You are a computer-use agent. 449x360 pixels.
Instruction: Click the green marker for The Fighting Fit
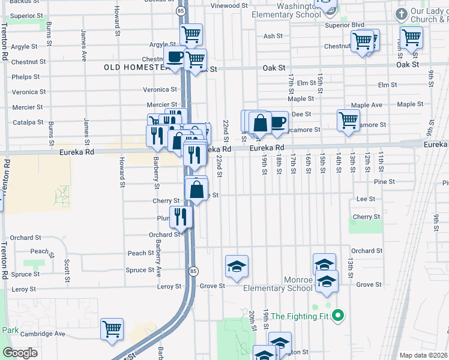coord(338,314)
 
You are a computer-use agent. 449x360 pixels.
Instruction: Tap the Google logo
coord(20,353)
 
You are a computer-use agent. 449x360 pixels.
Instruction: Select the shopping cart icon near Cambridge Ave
coord(112,329)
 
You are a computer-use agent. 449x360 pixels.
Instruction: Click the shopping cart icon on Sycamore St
coord(348,120)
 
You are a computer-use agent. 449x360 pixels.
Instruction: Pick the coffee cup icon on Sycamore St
coord(277,122)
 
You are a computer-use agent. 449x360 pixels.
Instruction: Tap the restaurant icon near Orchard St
coord(181,217)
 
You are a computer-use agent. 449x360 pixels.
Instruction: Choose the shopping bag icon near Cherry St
coord(197,190)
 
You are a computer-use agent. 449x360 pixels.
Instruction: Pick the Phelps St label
coord(25,77)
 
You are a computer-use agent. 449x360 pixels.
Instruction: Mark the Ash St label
coord(273,36)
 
